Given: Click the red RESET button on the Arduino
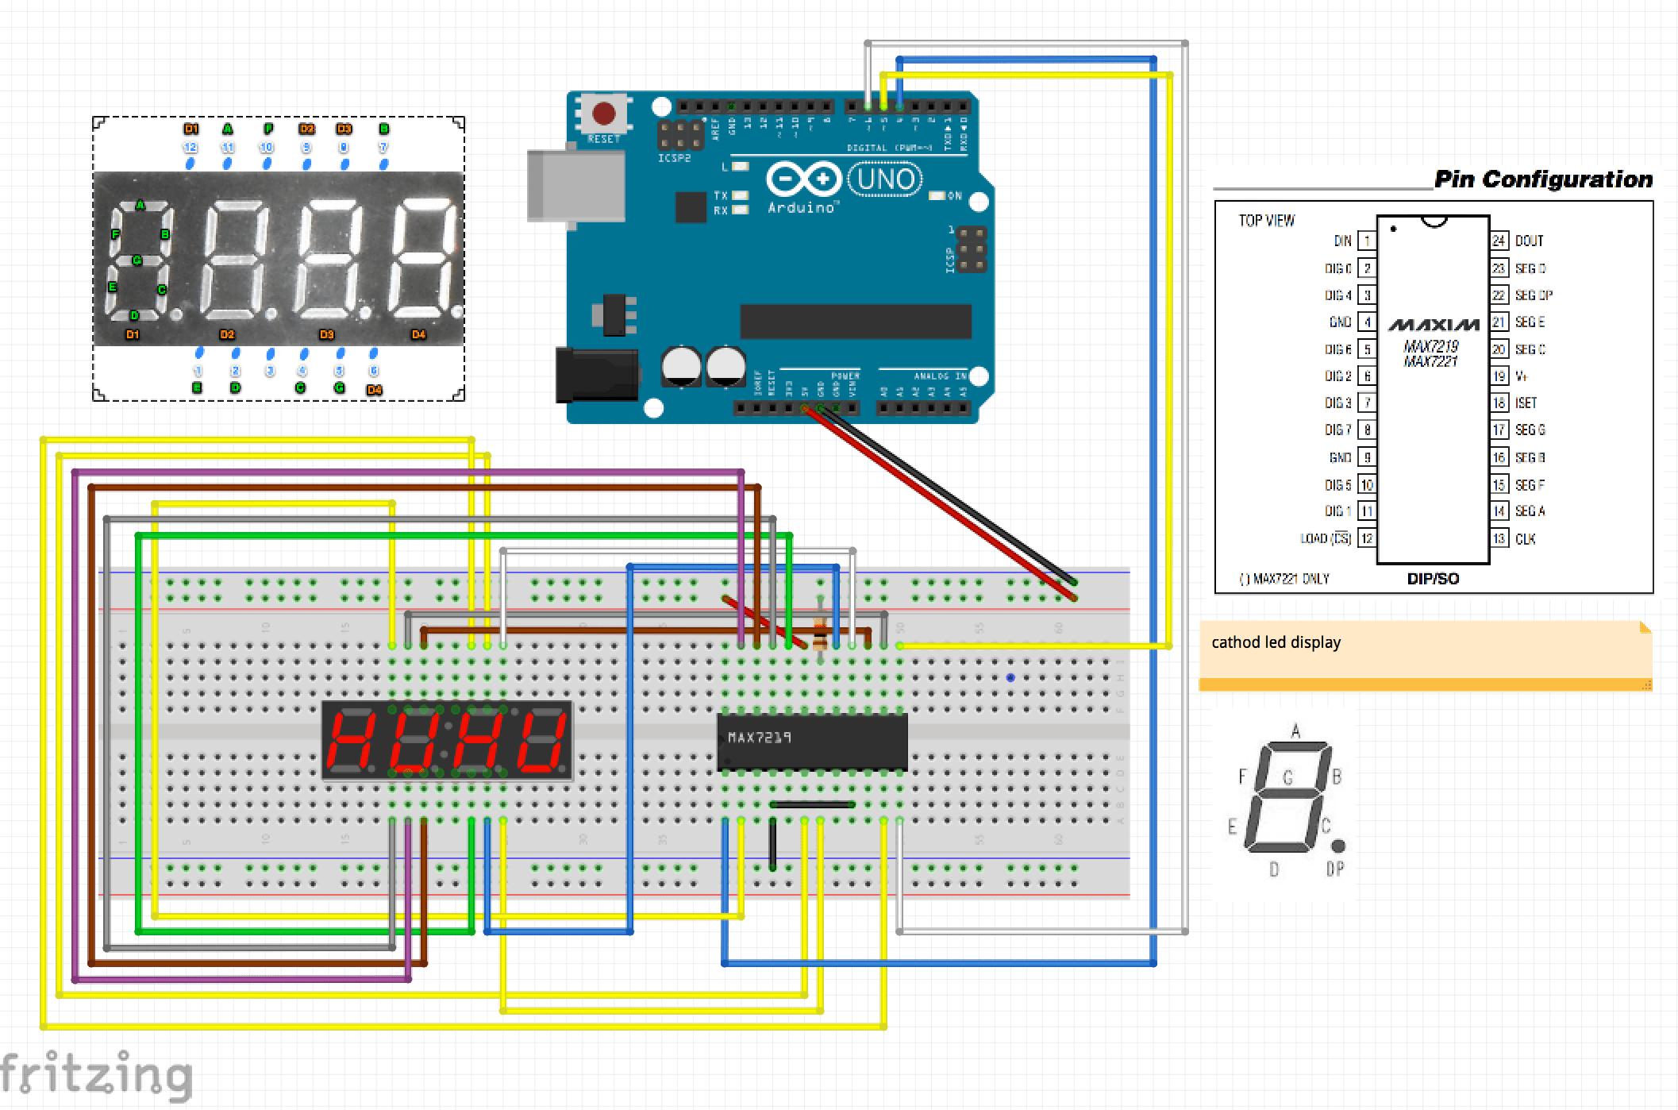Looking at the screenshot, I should (603, 114).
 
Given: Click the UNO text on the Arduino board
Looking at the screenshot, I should (885, 179).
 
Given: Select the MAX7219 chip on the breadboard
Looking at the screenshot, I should (811, 741).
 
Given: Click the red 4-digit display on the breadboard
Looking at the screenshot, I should (447, 741).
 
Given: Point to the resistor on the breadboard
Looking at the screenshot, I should (820, 633).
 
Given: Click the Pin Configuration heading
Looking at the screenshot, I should (1543, 179).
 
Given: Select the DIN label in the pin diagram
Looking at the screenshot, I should (1342, 241).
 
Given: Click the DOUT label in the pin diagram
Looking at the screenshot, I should (1529, 241).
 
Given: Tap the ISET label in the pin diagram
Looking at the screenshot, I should (1526, 403).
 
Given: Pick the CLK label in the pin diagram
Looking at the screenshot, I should (1525, 539).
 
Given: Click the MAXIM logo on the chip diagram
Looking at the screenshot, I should (1434, 325).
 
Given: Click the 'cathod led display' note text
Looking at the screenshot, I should (1276, 642).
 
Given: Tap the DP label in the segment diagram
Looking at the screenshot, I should (1335, 869).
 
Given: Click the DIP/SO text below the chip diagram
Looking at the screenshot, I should (1433, 579).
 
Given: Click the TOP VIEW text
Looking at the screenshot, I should (1266, 221).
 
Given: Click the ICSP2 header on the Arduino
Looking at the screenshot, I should (680, 136).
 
